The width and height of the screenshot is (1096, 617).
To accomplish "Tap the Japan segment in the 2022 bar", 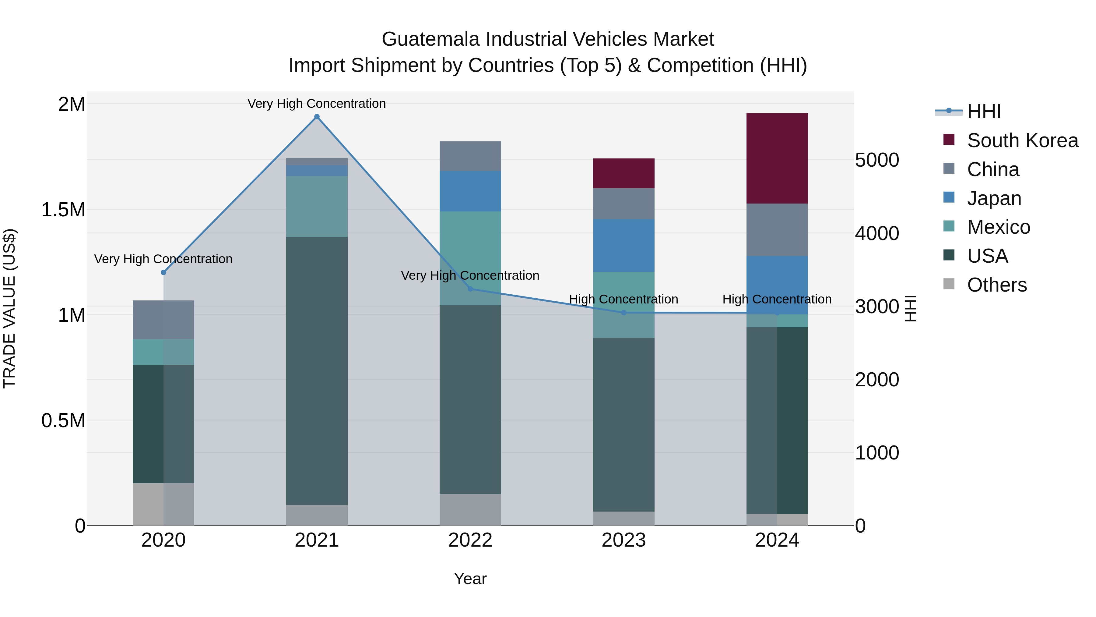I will pos(470,191).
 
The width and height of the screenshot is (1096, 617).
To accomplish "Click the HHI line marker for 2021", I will pos(317,117).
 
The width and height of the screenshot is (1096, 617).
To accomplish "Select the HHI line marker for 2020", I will pos(163,272).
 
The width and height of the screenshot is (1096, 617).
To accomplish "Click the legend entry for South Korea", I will pos(1022,140).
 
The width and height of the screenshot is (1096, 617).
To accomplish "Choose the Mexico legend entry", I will pos(998,227).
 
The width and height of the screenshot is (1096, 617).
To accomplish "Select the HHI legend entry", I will pos(983,112).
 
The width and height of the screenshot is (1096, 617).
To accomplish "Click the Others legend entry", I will pos(996,285).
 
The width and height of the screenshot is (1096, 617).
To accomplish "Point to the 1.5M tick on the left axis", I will pos(63,210).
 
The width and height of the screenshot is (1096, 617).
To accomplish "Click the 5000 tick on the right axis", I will pos(877,160).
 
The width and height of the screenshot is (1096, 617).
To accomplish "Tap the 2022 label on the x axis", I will pos(470,540).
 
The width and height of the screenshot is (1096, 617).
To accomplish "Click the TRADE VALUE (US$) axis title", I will pos(9,308).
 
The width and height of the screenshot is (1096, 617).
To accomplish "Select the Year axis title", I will pos(470,579).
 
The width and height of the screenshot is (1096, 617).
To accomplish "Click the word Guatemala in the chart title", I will pos(430,39).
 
